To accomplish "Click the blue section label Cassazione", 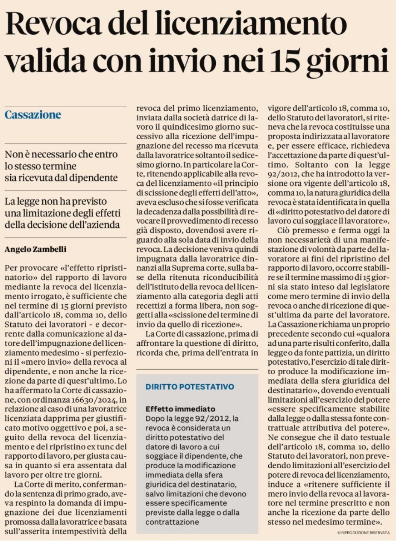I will tap(33, 115).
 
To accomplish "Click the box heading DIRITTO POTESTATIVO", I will tap(190, 386).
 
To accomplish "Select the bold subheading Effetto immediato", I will tap(180, 409).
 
